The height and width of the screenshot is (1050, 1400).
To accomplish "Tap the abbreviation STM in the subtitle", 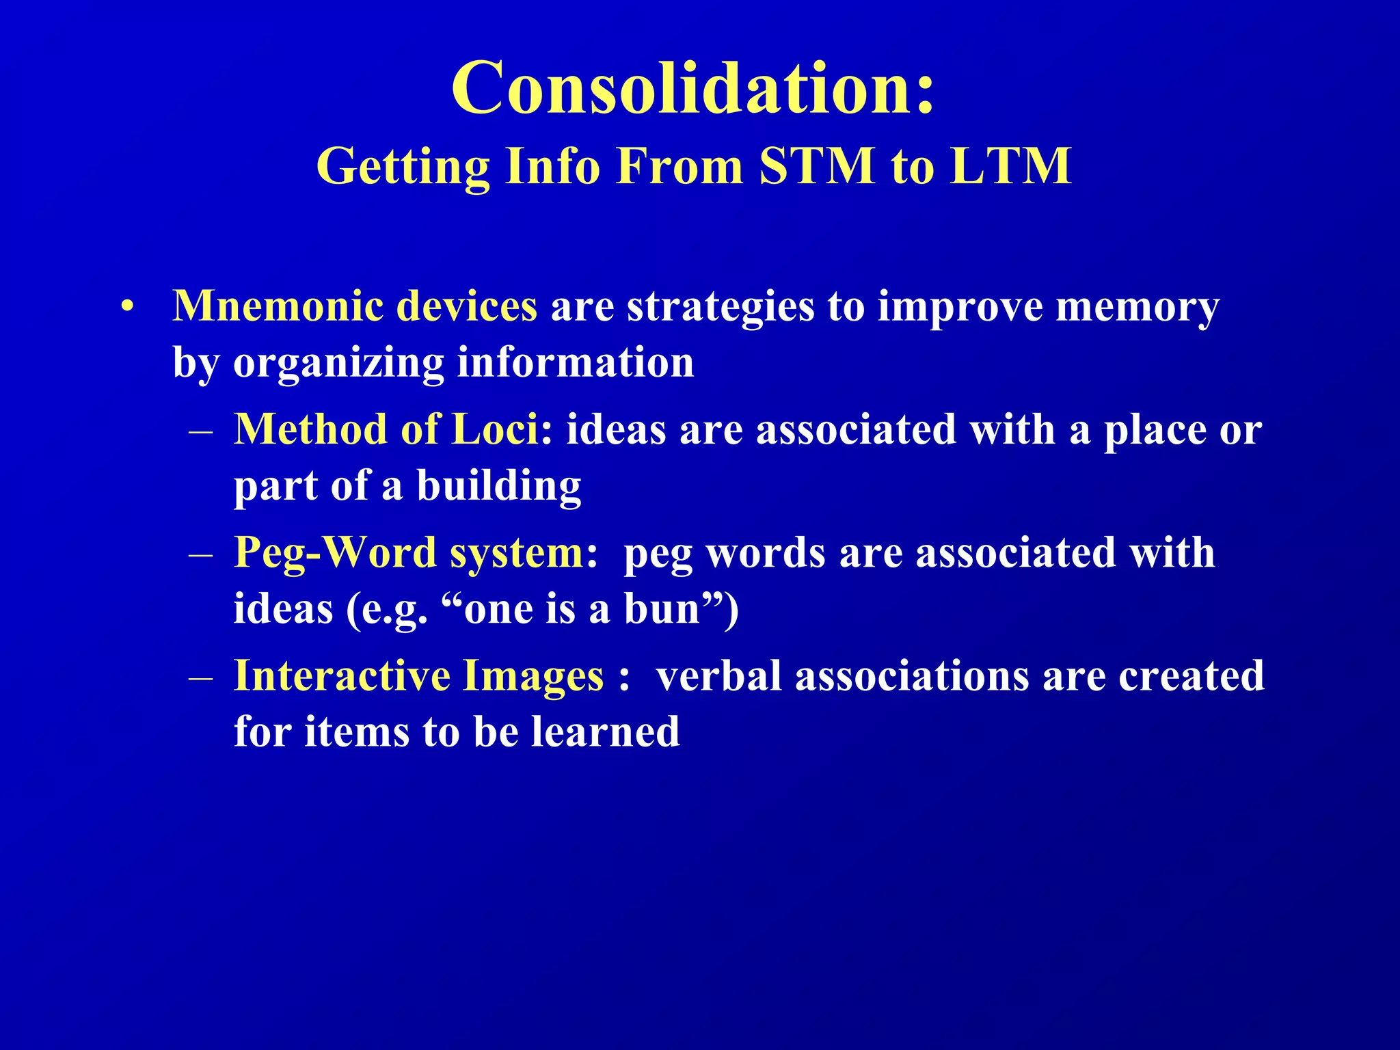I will [x=816, y=166].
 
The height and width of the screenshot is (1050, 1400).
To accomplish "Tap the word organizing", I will [x=338, y=363].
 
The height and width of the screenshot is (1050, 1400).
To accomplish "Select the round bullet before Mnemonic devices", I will [x=126, y=308].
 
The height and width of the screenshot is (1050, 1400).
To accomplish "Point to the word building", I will [x=499, y=486].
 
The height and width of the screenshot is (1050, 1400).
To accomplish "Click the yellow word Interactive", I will [x=342, y=676].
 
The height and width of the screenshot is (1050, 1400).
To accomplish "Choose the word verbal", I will [x=718, y=676].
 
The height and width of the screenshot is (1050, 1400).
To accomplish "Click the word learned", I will [x=606, y=731].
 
